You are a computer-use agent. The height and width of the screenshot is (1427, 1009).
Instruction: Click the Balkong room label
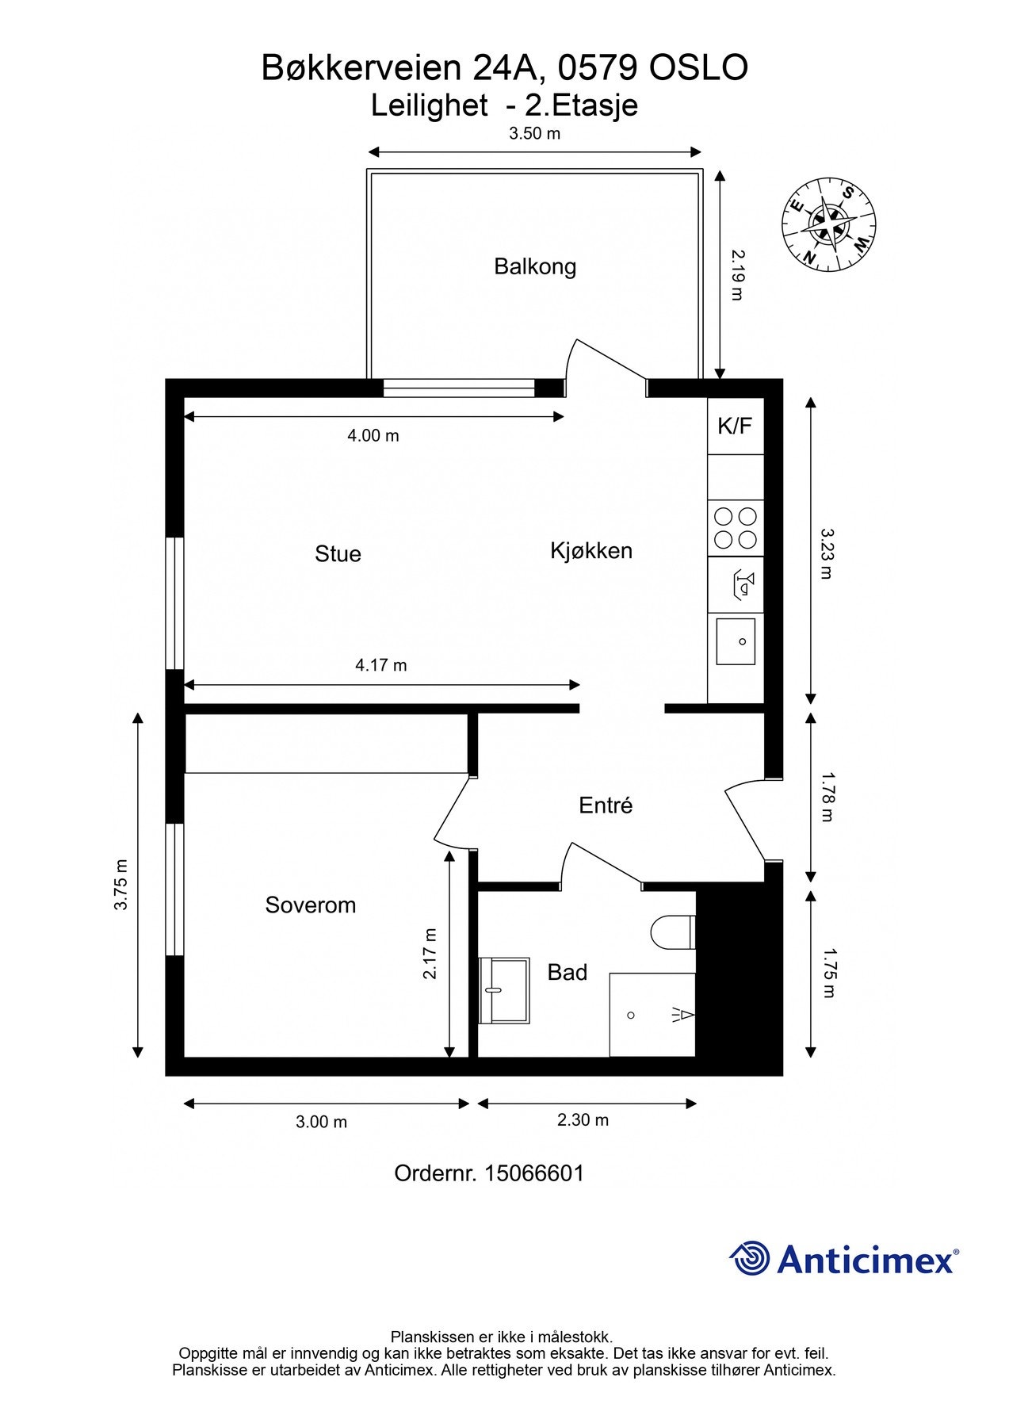[535, 266]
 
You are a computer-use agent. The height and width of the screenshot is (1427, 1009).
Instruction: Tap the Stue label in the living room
[338, 553]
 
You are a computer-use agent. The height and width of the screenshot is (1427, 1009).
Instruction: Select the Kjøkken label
[591, 550]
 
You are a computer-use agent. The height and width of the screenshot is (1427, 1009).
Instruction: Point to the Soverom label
[311, 905]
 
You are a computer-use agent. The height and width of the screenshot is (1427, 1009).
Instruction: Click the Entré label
[606, 805]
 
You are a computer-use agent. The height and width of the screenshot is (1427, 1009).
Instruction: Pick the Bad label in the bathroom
[568, 972]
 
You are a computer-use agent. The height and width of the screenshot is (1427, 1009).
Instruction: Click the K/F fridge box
[735, 426]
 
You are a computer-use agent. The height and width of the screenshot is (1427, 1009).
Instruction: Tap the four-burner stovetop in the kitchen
[736, 528]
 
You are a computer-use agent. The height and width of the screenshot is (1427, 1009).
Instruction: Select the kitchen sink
[736, 641]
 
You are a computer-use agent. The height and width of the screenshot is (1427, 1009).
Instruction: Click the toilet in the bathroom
[672, 932]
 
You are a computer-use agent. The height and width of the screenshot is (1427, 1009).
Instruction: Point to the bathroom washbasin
[504, 990]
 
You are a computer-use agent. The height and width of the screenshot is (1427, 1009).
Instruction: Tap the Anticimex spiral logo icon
[749, 1258]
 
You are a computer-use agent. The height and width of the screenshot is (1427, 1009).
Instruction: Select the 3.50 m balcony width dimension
[535, 133]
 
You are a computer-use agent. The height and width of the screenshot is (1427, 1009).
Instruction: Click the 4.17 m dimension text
[381, 665]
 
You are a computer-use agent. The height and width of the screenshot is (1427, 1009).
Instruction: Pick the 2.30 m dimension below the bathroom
[583, 1119]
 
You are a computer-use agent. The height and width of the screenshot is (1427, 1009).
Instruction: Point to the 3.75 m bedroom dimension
[120, 885]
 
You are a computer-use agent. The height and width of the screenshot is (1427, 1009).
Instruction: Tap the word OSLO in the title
[698, 68]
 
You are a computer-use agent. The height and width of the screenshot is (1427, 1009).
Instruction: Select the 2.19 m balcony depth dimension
[738, 274]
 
